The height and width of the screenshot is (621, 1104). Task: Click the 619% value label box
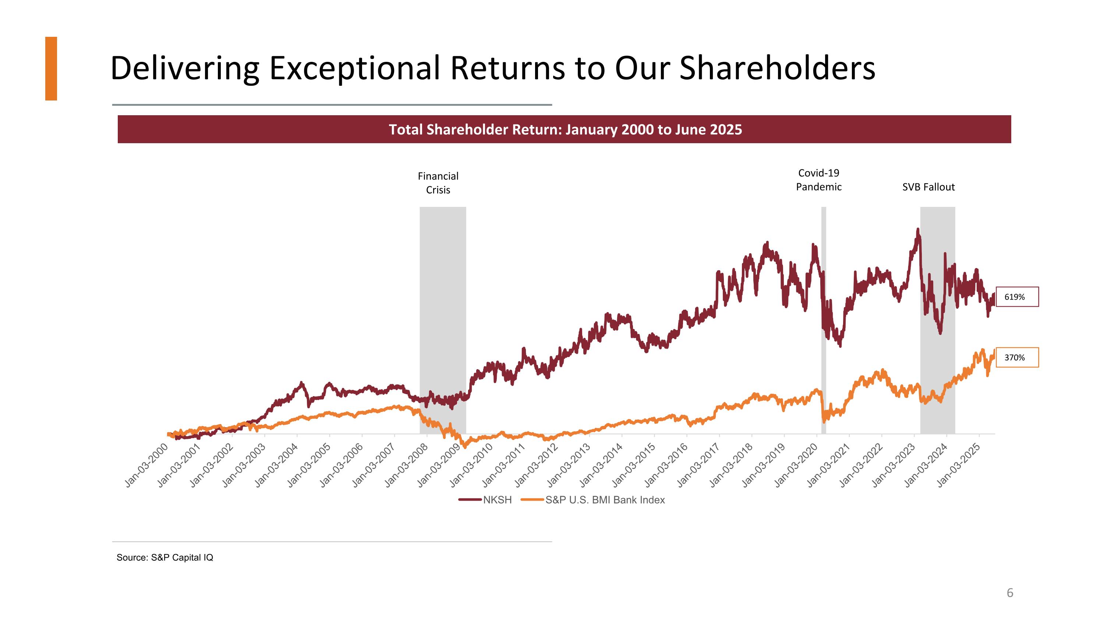[1016, 297]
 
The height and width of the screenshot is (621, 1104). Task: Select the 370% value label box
[1016, 357]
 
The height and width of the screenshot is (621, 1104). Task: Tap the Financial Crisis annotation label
[438, 183]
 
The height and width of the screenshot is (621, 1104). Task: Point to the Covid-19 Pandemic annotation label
[818, 180]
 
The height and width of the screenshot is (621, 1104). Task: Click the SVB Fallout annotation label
[928, 187]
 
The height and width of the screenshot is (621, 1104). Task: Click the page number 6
[1010, 593]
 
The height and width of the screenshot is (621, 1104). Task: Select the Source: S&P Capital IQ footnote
[164, 557]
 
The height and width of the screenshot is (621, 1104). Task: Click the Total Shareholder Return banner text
[565, 130]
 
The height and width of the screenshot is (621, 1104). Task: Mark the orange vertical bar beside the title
[51, 68]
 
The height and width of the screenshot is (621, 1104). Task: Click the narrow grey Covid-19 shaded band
[823, 321]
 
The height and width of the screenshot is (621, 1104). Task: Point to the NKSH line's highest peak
[917, 230]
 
